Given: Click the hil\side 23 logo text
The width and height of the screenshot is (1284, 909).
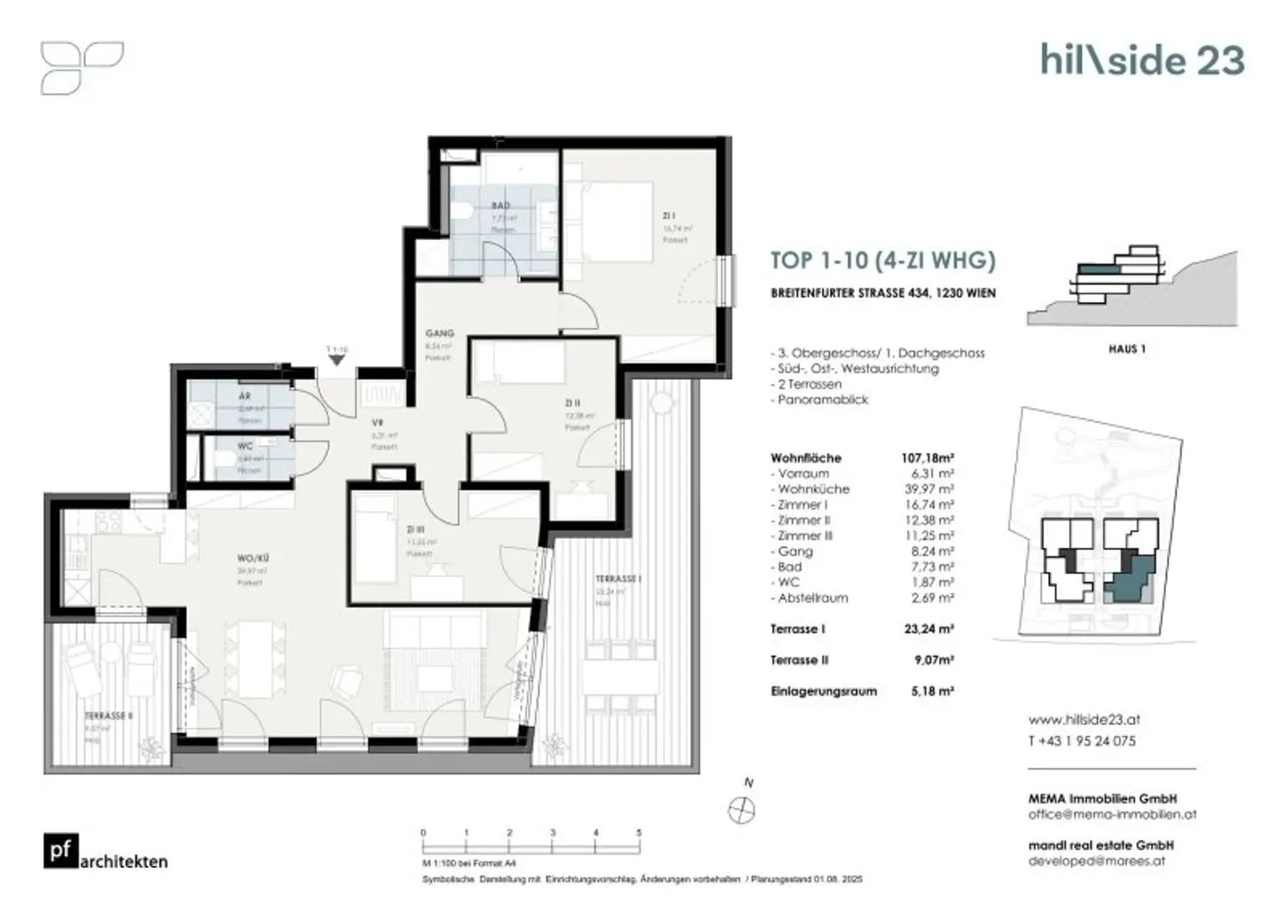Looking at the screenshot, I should (1142, 60).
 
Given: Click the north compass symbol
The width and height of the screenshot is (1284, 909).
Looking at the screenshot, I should (741, 809).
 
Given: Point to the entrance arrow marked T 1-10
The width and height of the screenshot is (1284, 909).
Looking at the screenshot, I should (337, 360).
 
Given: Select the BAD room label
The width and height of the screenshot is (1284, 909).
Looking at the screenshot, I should (501, 205).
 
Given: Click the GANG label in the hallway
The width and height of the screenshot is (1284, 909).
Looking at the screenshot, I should (439, 333).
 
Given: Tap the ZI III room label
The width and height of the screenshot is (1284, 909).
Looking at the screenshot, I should (415, 529).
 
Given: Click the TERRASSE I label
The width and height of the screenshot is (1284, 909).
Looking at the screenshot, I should (618, 579).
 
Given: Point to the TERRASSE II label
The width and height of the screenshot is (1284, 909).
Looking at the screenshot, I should (109, 716).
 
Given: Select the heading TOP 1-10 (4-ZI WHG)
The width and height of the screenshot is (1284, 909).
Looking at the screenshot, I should (882, 260).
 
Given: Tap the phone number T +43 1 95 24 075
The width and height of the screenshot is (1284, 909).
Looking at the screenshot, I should (1082, 741).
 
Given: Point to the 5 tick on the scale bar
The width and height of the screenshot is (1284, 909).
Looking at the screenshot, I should (639, 833).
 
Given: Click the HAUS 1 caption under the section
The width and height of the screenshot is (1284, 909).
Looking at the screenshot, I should (1126, 349).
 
